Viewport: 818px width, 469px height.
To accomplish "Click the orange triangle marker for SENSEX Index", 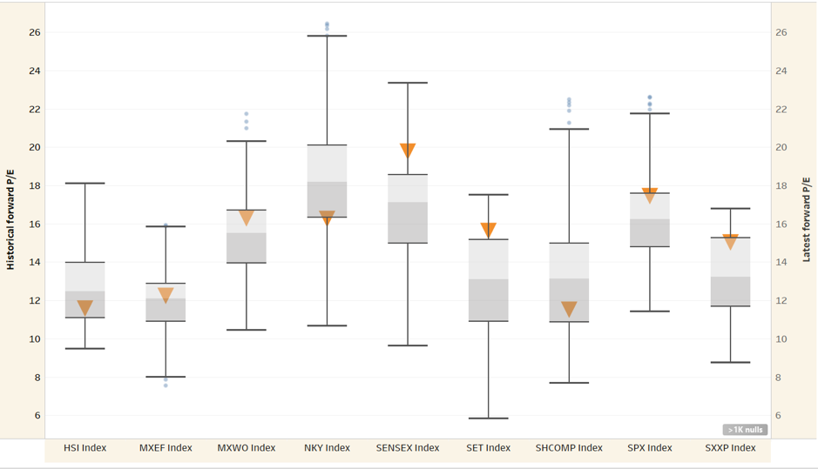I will click(408, 150).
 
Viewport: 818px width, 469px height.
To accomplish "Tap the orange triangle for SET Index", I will click(489, 230).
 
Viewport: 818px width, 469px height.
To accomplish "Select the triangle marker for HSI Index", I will click(85, 307).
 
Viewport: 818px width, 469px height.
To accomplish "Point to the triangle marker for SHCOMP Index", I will click(569, 309).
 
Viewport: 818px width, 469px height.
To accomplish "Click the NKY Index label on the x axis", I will click(327, 448).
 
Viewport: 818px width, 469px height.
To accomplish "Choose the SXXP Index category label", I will click(730, 448).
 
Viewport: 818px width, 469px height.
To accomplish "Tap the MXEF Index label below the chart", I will click(166, 448).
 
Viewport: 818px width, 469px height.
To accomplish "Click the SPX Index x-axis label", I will click(650, 448).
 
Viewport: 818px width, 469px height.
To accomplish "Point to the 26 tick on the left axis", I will click(35, 33).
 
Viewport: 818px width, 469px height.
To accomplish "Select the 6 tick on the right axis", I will click(781, 416).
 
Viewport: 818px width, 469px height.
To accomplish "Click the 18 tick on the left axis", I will click(35, 186).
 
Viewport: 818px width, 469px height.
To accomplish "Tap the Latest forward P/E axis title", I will click(807, 219).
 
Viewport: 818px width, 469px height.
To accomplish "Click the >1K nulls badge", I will click(744, 430).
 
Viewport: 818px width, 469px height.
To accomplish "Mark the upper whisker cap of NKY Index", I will click(327, 37).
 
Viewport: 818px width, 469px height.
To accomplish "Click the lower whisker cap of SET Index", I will click(489, 419).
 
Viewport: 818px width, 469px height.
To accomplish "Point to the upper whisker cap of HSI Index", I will click(85, 184).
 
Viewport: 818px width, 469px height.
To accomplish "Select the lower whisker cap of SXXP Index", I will click(730, 362).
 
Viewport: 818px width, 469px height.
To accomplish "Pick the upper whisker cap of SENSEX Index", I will click(408, 83).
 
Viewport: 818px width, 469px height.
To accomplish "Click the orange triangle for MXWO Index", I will click(247, 218).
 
